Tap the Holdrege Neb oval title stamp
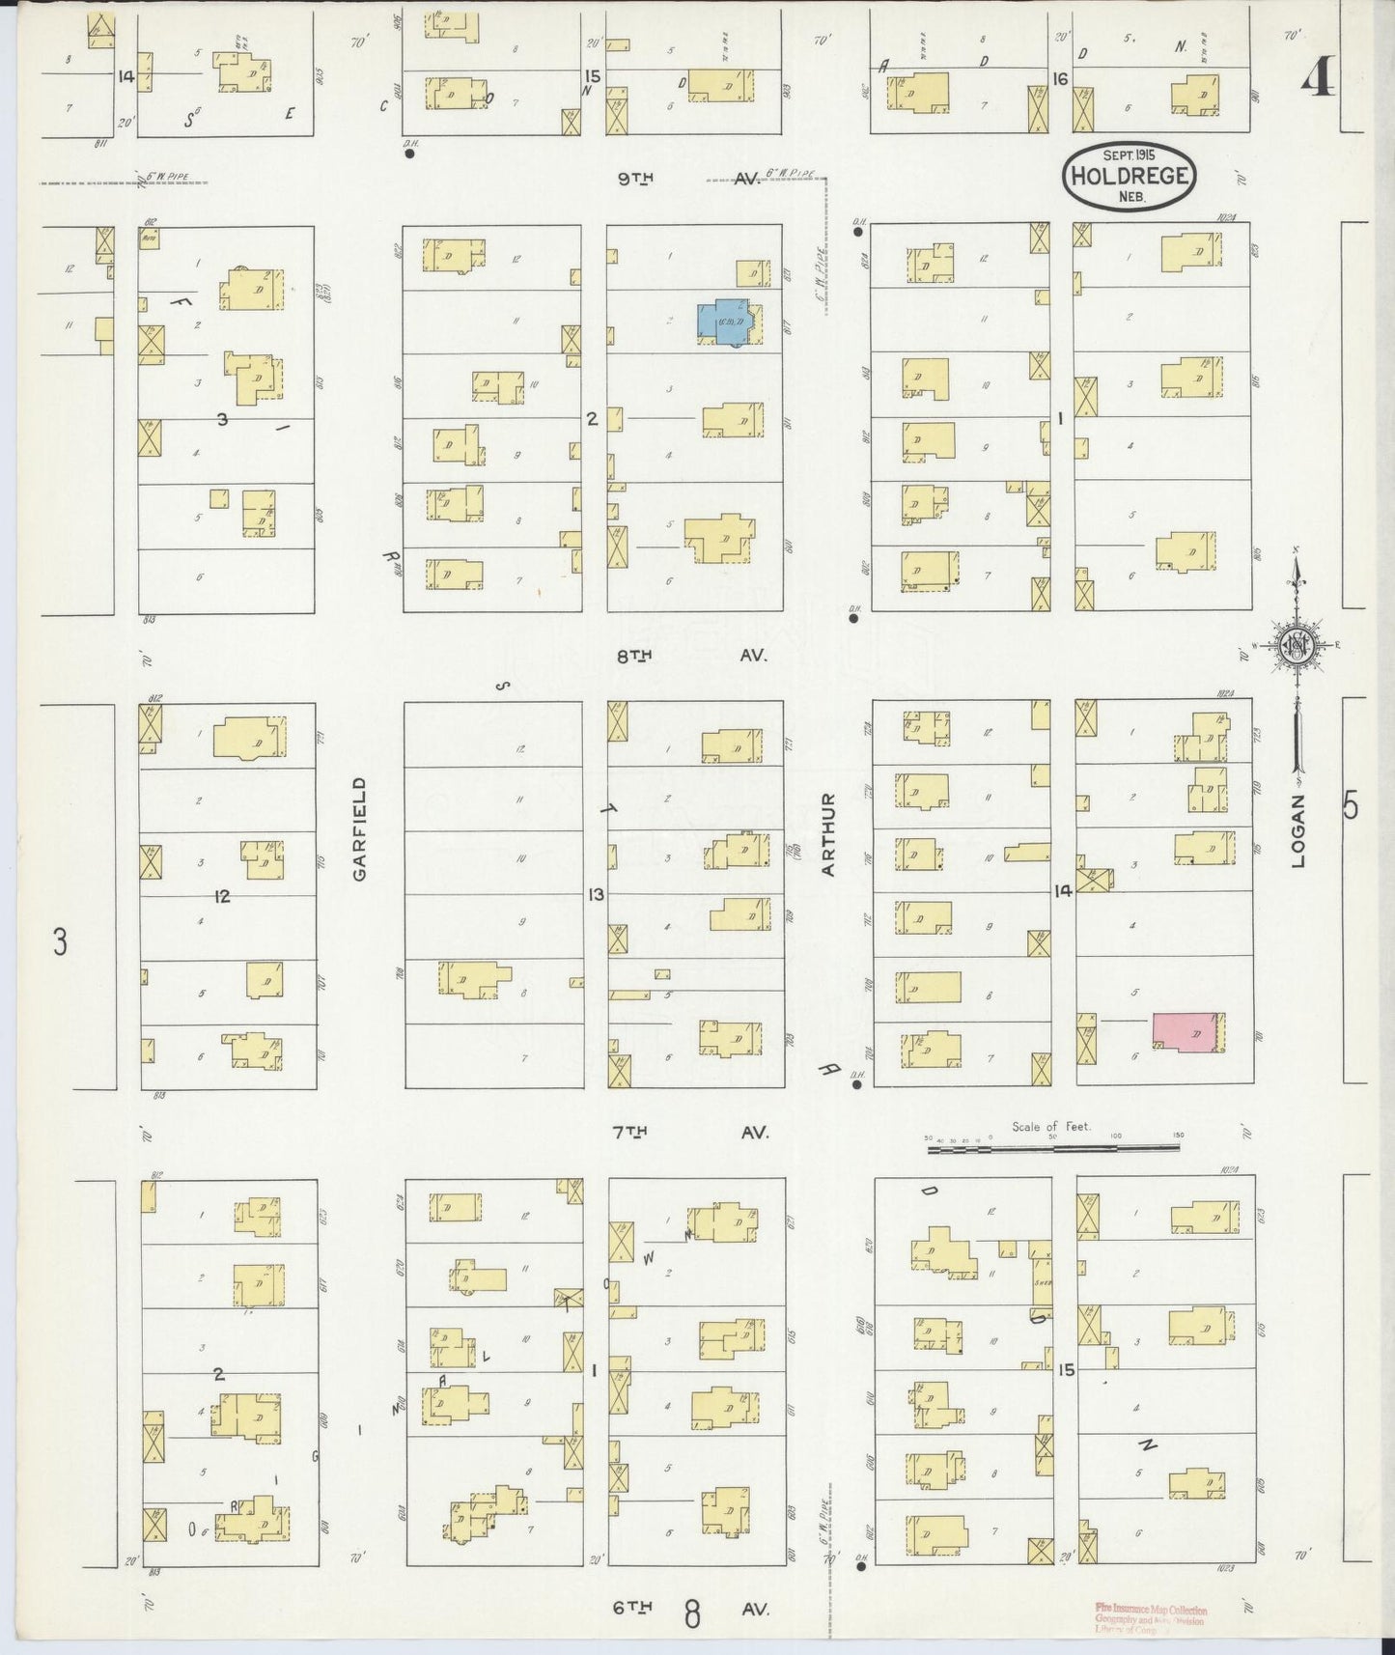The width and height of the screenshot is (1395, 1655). pyautogui.click(x=1129, y=176)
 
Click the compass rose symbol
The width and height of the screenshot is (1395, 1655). pyautogui.click(x=1295, y=645)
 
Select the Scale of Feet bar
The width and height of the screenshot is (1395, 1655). pyautogui.click(x=1053, y=1149)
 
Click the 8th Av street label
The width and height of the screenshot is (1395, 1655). pyautogui.click(x=691, y=656)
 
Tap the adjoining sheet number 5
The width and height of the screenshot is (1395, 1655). pyautogui.click(x=1351, y=804)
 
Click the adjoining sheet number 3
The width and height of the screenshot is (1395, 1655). pyautogui.click(x=60, y=941)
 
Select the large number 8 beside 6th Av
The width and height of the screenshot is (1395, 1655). pyautogui.click(x=692, y=1613)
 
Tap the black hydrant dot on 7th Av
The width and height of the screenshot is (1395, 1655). pyautogui.click(x=856, y=1085)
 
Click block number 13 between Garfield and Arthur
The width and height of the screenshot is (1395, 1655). pyautogui.click(x=596, y=895)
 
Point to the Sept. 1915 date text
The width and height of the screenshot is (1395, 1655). pyautogui.click(x=1129, y=154)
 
